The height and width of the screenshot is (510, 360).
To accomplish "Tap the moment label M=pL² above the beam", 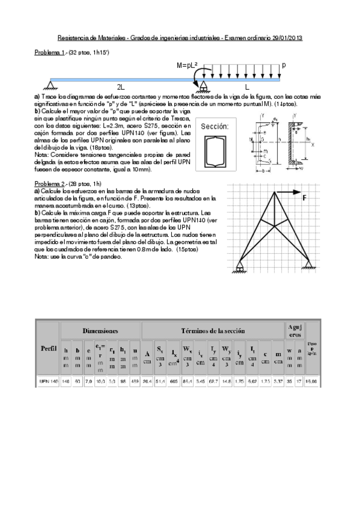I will pyautogui.click(x=188, y=65).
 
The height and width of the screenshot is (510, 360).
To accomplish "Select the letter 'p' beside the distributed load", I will pyautogui.click(x=284, y=64).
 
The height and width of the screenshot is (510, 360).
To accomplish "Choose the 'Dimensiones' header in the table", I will pyautogui.click(x=100, y=331).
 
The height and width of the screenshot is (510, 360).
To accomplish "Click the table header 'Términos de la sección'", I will pyautogui.click(x=213, y=331).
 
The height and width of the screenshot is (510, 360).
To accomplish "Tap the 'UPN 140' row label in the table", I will pyautogui.click(x=48, y=382).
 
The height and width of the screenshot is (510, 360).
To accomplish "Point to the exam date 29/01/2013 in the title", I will pyautogui.click(x=285, y=38).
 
